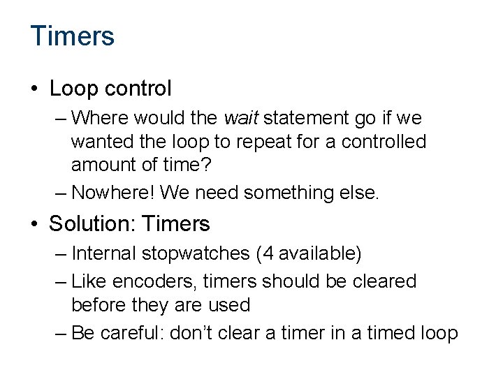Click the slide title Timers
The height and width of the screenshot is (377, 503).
73,36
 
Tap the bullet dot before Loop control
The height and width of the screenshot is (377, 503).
35,89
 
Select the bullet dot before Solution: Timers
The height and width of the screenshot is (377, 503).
35,224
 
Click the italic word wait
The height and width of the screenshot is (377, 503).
238,117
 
